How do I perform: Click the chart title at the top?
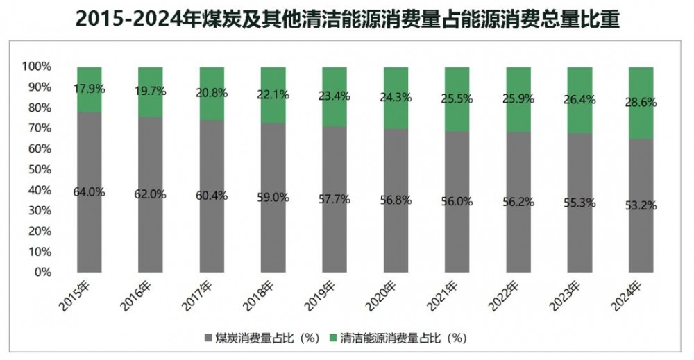(347, 20)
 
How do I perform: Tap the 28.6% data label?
(640, 102)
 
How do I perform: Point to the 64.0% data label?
(89, 192)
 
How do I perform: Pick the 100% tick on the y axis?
(38, 67)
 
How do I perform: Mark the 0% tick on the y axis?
(43, 273)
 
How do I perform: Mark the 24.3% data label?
(395, 98)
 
